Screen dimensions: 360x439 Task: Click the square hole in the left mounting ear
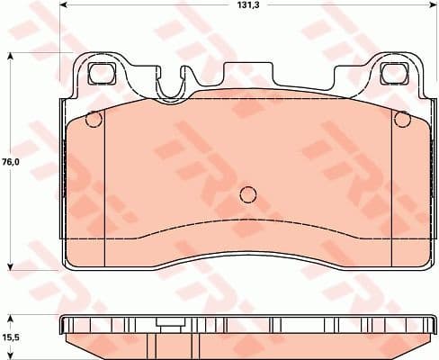pos(99,76)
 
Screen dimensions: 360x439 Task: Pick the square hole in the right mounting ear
pos(392,76)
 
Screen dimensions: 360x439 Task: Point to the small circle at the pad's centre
pos(248,193)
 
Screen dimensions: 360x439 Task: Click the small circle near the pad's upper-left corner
pos(92,119)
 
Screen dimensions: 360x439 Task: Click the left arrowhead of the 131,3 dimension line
pos(68,6)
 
